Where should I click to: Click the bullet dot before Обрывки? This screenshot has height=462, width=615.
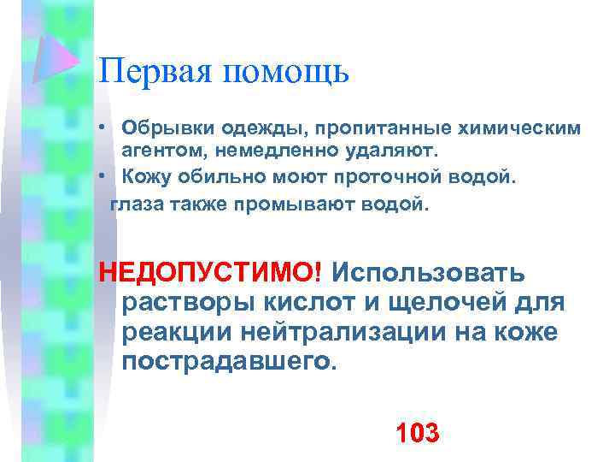[102, 128]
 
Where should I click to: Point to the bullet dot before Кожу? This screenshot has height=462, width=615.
[102, 176]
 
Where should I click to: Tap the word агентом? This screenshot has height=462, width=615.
[165, 151]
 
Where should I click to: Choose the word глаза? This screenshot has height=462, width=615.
[136, 205]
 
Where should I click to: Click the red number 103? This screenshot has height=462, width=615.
[418, 432]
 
